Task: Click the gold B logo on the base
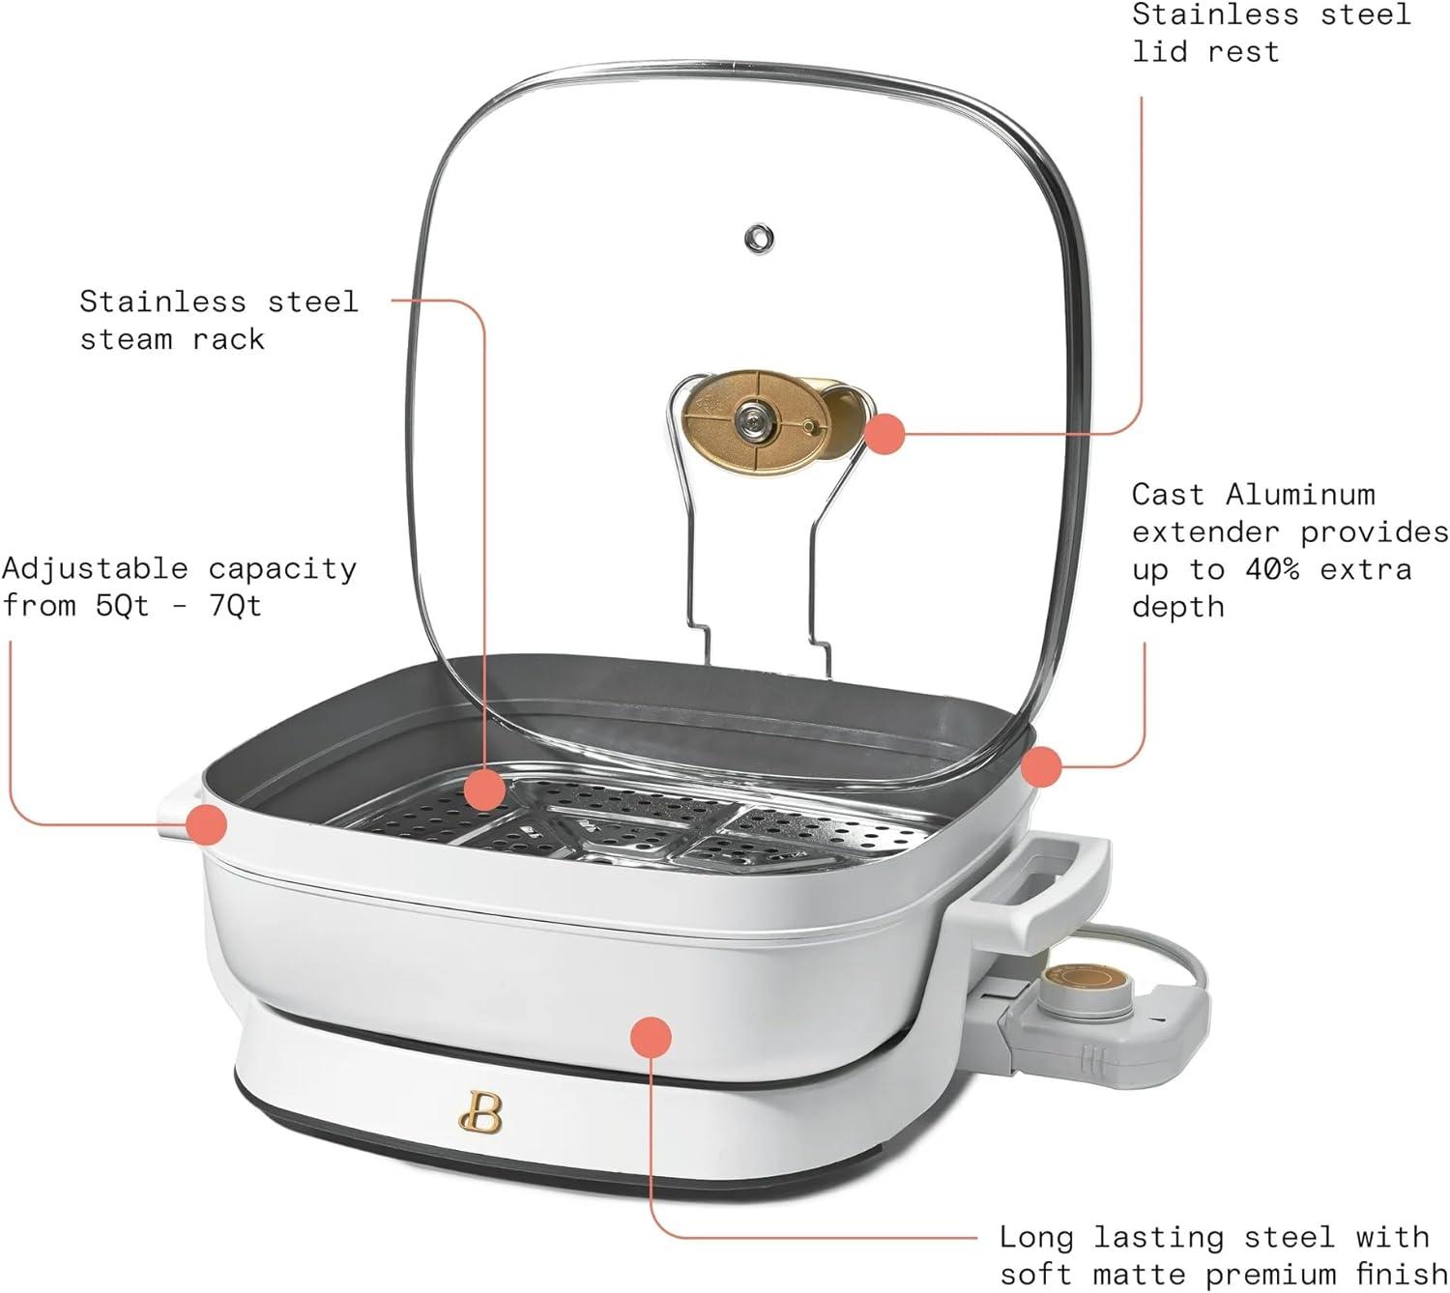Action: [x=480, y=1114]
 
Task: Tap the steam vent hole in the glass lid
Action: [x=760, y=237]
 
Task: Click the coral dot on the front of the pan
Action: [x=651, y=1037]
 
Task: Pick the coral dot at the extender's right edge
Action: [x=1041, y=767]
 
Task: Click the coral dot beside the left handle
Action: [x=206, y=824]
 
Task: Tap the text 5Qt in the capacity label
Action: [x=124, y=606]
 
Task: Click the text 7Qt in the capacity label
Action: [x=235, y=606]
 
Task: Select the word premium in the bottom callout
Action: [x=1280, y=1274]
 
